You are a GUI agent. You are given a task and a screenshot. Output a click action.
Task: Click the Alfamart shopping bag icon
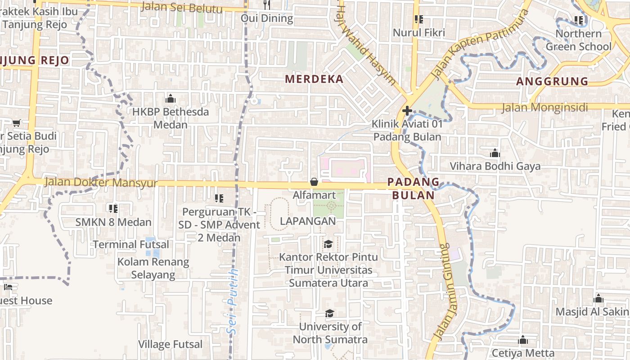[x=314, y=182]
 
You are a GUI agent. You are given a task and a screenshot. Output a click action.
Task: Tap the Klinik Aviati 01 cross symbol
[x=407, y=110]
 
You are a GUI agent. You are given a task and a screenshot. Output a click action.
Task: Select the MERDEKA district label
[x=314, y=79]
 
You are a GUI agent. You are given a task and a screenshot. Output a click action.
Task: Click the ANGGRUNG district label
[x=552, y=81]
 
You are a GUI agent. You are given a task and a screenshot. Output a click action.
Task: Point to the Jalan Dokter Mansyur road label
[x=101, y=183]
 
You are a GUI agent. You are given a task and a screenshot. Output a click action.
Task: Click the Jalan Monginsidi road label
[x=545, y=108]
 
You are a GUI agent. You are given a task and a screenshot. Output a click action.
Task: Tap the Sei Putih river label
[x=233, y=301]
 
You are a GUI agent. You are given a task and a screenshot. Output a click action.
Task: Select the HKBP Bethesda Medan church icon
[x=171, y=99]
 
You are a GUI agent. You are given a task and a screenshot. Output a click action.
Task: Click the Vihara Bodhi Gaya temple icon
[x=495, y=153]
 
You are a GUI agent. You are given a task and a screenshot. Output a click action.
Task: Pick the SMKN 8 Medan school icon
[x=113, y=208]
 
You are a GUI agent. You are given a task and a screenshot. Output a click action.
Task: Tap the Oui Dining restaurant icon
[x=267, y=5]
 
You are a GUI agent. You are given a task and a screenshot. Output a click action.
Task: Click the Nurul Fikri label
[x=419, y=32]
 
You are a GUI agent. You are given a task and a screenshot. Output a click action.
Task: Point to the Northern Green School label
[x=579, y=40]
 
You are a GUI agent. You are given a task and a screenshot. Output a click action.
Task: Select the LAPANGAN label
[x=308, y=221]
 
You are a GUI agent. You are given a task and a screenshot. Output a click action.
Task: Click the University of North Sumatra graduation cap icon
[x=330, y=313]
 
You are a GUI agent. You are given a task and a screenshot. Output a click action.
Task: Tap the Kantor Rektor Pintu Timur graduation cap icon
[x=328, y=244]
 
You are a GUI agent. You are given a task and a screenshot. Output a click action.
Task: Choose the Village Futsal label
[x=171, y=344]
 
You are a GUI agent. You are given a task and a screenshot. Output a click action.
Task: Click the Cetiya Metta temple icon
[x=522, y=340]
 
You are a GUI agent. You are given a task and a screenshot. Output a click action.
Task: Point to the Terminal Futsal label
[x=131, y=244]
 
